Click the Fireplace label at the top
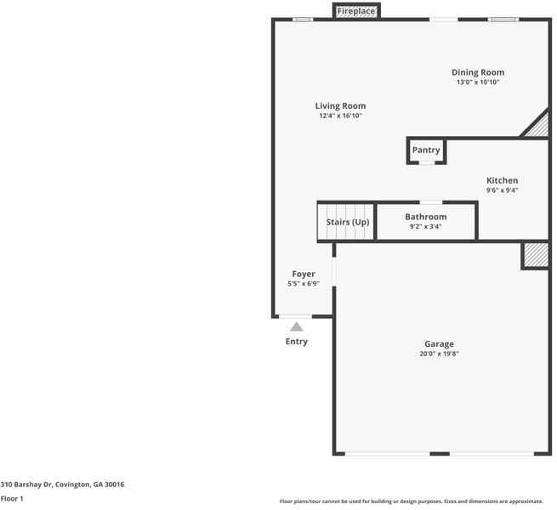point(355,12)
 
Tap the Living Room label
point(340,106)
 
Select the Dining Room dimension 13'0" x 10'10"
point(477,83)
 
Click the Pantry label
point(426,150)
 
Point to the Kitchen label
point(502,180)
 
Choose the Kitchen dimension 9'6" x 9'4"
point(502,190)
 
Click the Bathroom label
point(425,217)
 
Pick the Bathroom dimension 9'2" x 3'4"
point(425,227)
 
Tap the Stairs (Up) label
point(348,222)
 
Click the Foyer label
point(304,274)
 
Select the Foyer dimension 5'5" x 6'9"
point(304,284)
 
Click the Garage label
point(439,344)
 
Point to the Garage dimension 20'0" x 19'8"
point(439,354)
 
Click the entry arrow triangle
point(296,326)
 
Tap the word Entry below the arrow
point(296,342)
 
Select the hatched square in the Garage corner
point(535,255)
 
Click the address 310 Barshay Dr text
point(62,484)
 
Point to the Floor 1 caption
point(12,499)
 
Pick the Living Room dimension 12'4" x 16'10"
point(340,116)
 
